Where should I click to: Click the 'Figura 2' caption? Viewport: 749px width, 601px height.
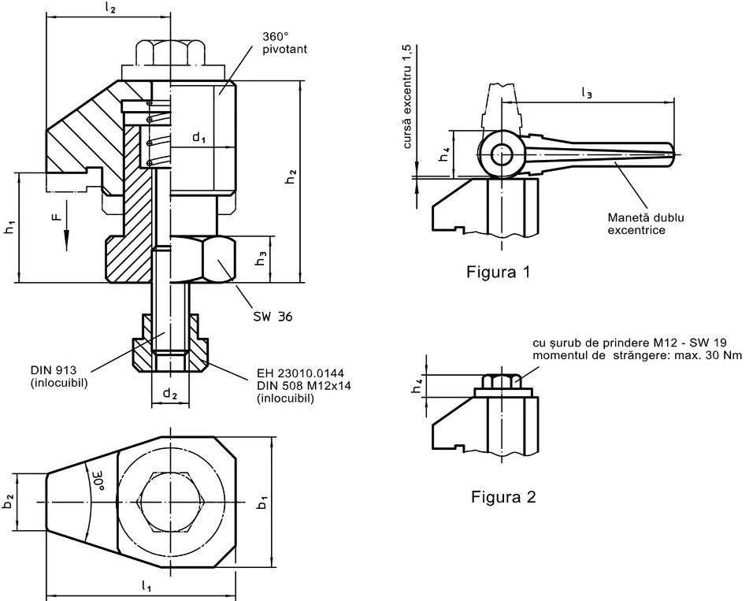point(503,497)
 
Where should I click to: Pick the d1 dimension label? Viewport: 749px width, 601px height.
point(198,138)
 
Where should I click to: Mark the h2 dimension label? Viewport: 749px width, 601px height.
point(291,178)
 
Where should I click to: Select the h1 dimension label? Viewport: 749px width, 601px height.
point(9,228)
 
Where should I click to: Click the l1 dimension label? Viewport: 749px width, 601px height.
point(146,585)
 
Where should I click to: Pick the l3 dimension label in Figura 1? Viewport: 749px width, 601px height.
point(587,93)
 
